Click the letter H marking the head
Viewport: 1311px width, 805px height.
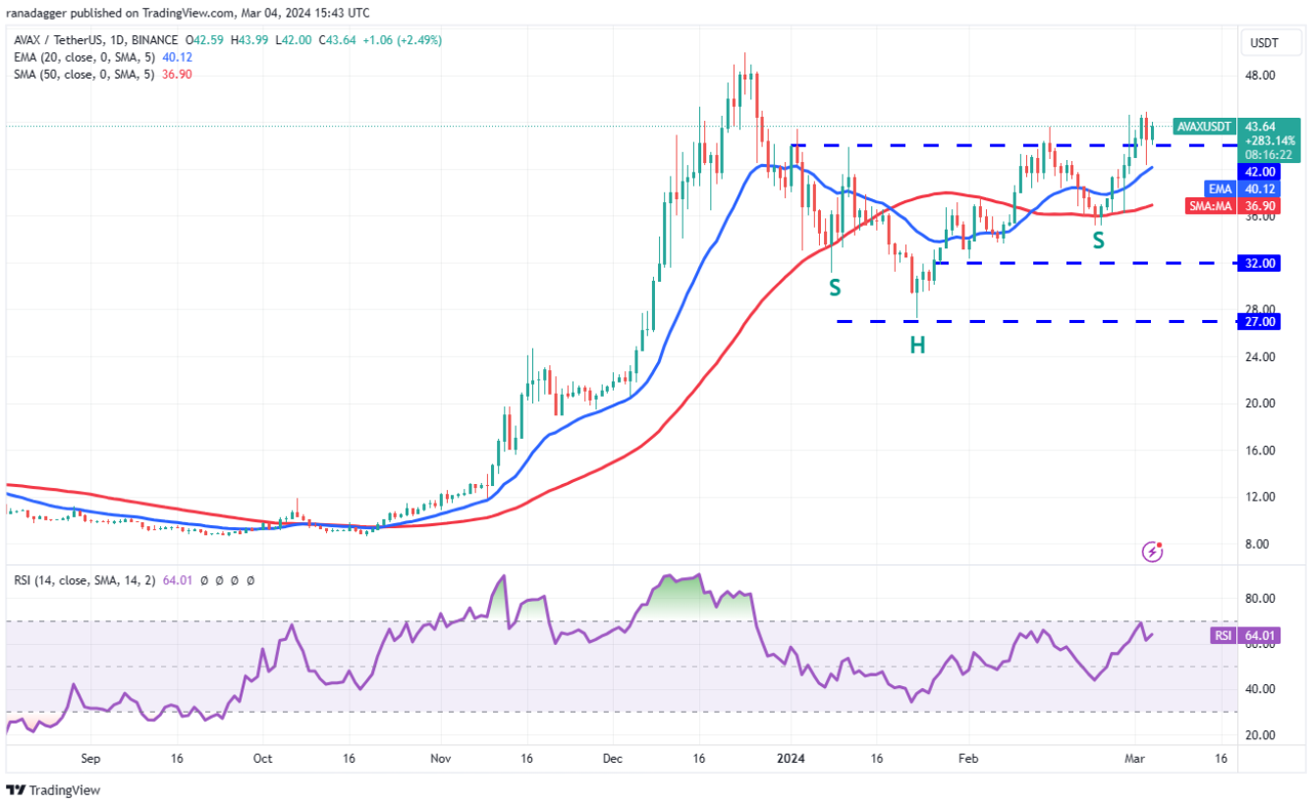coord(916,345)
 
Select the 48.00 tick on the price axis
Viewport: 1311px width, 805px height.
coord(1261,76)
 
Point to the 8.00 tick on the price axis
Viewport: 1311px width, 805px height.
coord(1261,544)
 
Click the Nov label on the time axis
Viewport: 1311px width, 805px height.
coord(441,758)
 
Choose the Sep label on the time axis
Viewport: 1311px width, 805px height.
coord(90,758)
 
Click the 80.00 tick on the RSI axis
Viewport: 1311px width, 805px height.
coord(1261,598)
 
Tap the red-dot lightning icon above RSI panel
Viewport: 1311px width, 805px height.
coord(1153,552)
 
